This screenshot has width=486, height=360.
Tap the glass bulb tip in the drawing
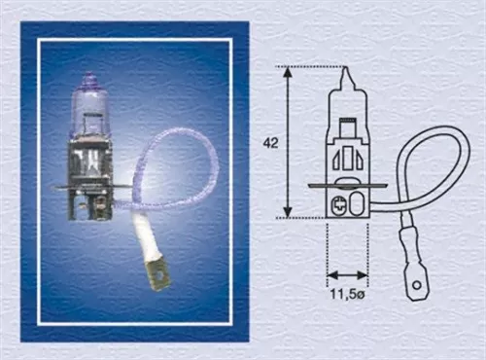347,75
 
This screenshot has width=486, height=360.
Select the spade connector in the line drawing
416,275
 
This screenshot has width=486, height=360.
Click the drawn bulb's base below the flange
347,203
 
